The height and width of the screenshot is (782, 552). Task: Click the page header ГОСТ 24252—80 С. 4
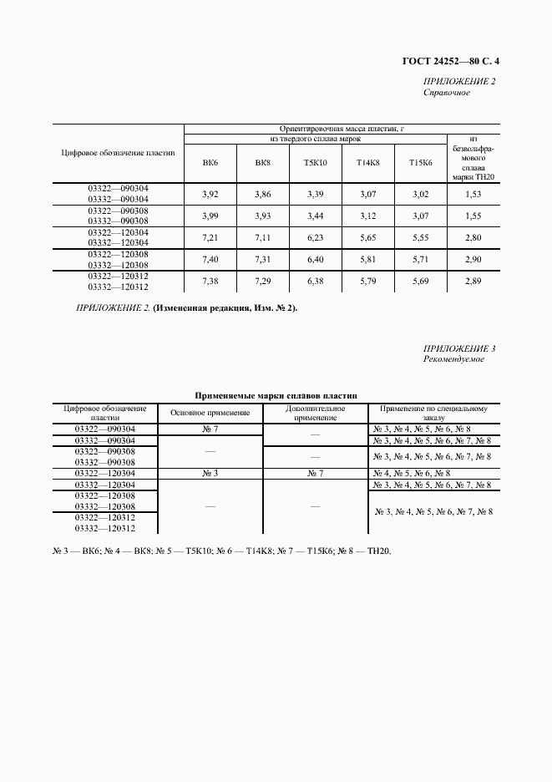(x=455, y=60)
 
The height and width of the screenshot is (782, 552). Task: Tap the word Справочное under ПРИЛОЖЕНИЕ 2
(x=447, y=93)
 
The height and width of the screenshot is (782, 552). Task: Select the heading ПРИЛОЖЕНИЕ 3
(x=459, y=348)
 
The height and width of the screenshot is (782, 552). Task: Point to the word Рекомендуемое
(x=453, y=359)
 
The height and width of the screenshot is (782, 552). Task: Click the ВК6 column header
(x=210, y=162)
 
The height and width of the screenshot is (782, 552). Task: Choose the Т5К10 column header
(x=316, y=162)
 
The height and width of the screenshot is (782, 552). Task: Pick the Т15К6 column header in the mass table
(x=421, y=162)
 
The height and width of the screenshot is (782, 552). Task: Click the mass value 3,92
(x=210, y=194)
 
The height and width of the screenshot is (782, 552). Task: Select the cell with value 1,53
(x=474, y=194)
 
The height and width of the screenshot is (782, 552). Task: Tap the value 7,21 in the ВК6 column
(x=210, y=237)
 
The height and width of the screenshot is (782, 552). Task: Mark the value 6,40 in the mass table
(x=316, y=259)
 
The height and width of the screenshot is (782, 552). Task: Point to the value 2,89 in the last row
(x=474, y=281)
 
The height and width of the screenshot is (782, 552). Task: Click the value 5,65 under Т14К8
(x=368, y=237)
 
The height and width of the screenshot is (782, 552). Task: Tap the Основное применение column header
(x=210, y=413)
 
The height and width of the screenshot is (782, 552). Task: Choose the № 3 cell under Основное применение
(x=210, y=473)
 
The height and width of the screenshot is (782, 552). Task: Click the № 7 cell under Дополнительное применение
(x=315, y=473)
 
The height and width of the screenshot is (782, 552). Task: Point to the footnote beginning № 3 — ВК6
(x=216, y=551)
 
